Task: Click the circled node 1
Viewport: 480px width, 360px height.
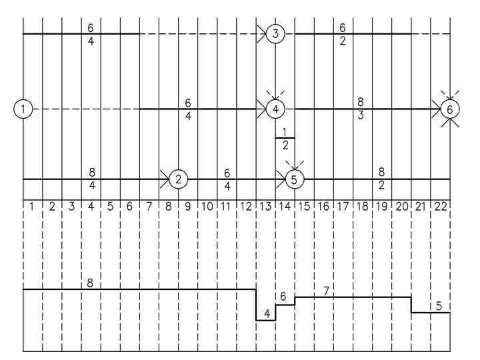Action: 23,108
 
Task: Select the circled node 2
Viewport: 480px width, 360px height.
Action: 178,179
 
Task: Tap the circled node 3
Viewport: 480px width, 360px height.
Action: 275,33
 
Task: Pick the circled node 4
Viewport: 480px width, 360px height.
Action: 275,108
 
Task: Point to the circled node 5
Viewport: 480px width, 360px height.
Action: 294,179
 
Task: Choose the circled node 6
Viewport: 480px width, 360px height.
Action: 450,108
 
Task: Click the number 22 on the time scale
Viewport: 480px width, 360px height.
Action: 441,207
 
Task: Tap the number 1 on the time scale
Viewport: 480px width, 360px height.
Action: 33,207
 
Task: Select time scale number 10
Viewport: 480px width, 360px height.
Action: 207,207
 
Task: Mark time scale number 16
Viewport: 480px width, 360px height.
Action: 324,207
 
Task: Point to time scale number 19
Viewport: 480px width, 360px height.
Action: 382,207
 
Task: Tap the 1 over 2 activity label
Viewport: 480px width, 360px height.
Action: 285,138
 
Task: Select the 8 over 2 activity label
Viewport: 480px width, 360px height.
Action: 382,179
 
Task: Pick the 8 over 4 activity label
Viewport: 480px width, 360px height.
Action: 91,179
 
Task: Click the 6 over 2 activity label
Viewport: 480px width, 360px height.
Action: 343,33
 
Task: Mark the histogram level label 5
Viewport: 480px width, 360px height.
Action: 439,306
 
